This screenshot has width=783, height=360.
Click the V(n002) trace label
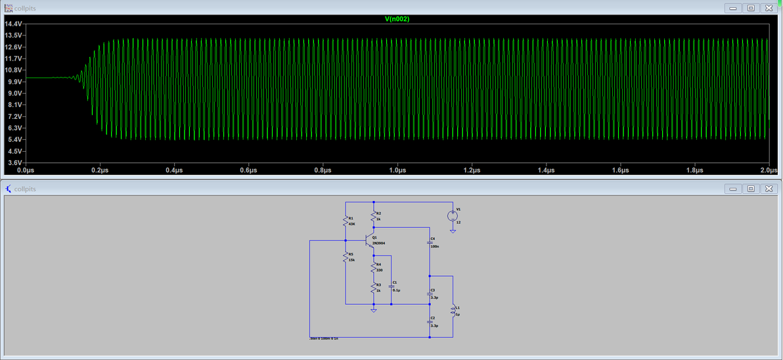(x=397, y=19)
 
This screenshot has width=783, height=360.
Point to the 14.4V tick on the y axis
(x=14, y=24)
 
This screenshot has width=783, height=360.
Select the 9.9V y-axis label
(x=14, y=81)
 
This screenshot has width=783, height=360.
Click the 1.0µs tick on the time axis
(x=397, y=170)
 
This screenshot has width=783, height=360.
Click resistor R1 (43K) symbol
(x=346, y=221)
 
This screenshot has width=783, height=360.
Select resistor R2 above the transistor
(x=374, y=216)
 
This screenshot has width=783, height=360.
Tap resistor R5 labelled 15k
(x=346, y=257)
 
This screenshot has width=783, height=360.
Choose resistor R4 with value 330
(x=374, y=267)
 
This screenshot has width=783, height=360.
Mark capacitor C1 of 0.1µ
(x=391, y=286)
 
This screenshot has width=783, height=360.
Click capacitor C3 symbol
(x=430, y=293)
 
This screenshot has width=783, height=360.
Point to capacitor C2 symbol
(x=430, y=321)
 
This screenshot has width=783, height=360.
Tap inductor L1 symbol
(x=452, y=311)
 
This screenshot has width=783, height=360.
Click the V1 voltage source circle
(x=453, y=215)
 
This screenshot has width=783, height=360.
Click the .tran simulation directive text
(x=324, y=338)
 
